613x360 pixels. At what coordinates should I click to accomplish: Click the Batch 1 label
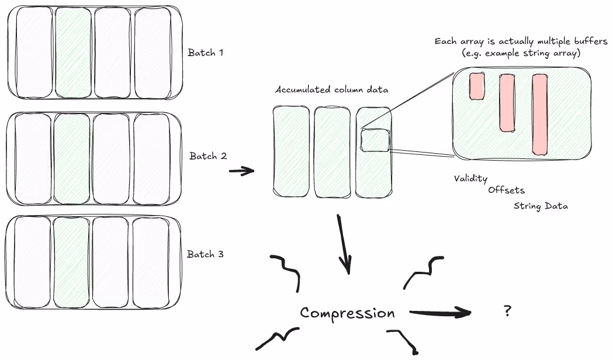[205, 53]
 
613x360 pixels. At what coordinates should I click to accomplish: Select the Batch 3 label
[205, 254]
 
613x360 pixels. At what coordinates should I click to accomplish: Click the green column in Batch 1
[74, 53]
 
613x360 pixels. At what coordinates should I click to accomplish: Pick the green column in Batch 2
[72, 157]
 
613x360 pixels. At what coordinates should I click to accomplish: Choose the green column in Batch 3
[70, 255]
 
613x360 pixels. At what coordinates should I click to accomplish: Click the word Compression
[347, 313]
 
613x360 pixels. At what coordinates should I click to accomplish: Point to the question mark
[507, 311]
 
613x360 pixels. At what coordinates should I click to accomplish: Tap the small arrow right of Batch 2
[241, 171]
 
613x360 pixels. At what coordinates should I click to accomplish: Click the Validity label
[470, 178]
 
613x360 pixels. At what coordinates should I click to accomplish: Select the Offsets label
[506, 190]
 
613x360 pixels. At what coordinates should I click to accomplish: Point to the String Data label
[541, 206]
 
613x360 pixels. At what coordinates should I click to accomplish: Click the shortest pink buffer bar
[477, 86]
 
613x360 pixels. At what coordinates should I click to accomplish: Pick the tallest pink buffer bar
[539, 115]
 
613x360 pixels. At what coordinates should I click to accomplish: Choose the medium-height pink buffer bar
[507, 102]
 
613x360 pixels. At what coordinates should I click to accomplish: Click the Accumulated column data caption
[331, 90]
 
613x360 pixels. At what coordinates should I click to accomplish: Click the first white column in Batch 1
[34, 53]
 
